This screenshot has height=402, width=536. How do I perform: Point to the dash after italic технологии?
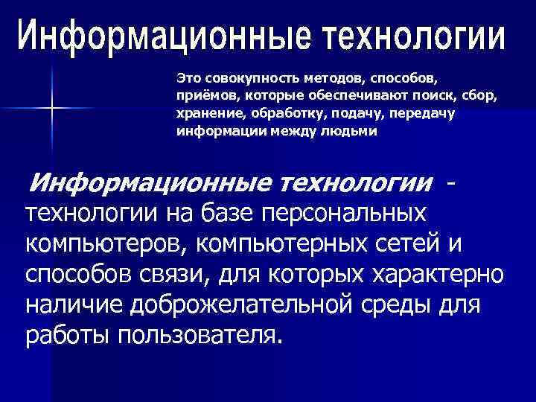tap(450, 182)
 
